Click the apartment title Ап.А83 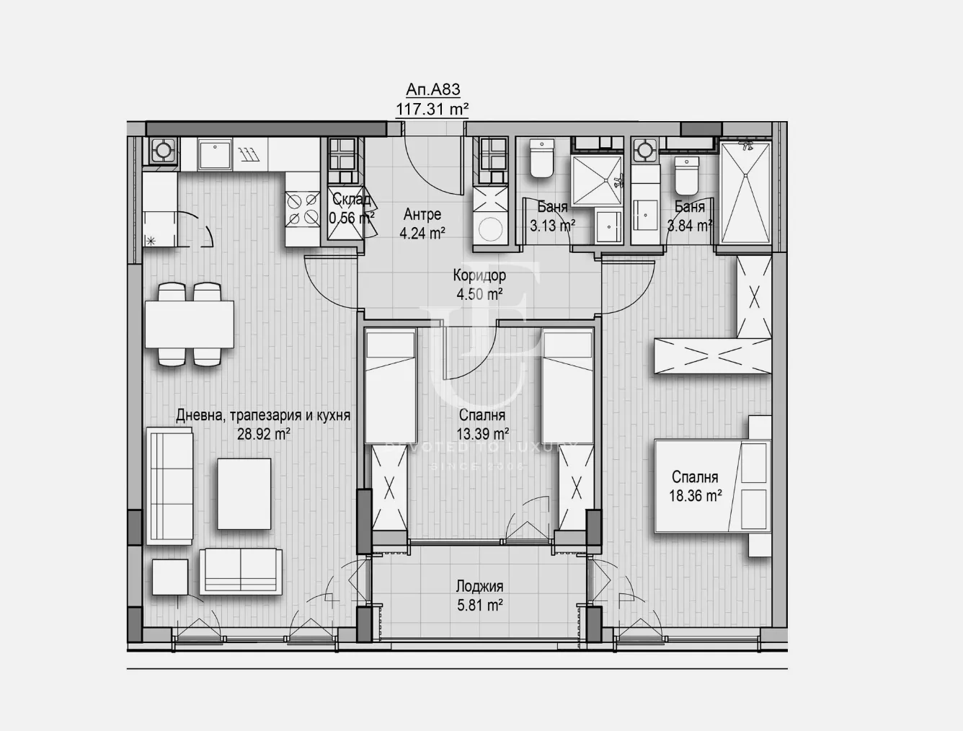432,89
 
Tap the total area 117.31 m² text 432,109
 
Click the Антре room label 422,214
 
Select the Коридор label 479,275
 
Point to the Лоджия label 479,586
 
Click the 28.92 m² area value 263,434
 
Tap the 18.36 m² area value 695,495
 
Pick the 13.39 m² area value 483,433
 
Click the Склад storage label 351,200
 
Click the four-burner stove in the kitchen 303,208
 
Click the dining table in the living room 190,324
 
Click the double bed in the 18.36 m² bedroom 710,486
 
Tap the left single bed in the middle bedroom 391,386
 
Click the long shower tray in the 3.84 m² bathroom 746,192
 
